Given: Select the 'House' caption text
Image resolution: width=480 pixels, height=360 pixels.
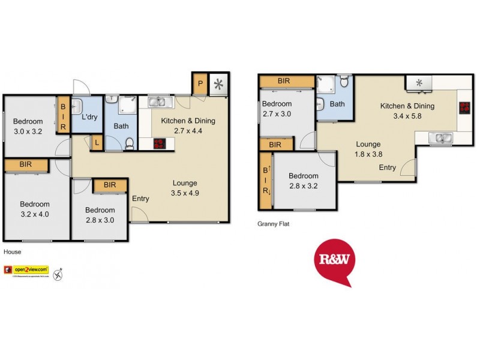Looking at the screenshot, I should [12, 252].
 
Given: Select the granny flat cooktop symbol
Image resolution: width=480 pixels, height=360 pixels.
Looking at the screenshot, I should [464, 108].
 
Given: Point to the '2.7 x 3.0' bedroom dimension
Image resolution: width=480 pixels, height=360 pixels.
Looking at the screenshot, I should [277, 114].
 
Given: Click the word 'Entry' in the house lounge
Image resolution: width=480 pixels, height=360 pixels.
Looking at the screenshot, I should [140, 199].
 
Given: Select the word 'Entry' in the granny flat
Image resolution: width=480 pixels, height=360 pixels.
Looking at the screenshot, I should [387, 167].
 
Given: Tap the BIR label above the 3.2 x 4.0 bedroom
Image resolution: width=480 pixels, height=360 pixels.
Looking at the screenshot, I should [26, 164].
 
